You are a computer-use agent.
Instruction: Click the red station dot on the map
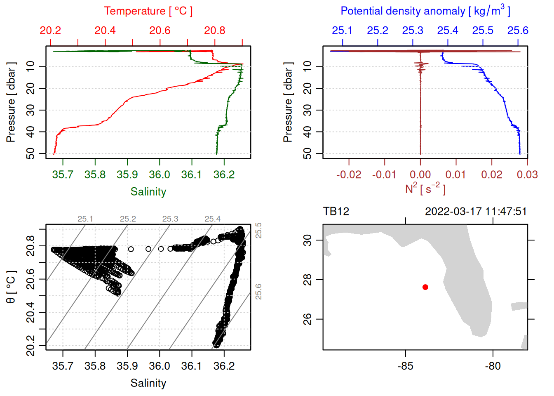point(425,287)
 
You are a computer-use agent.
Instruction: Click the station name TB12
point(336,212)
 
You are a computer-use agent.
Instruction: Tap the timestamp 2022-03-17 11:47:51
point(476,212)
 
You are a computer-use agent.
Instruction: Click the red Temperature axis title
point(148,11)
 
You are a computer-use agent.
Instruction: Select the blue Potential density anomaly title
point(425,11)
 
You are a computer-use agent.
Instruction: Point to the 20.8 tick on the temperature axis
point(215,31)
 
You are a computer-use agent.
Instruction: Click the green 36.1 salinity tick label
point(192,175)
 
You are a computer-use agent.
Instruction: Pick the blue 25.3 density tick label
point(413,31)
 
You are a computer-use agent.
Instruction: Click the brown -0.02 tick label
point(349,175)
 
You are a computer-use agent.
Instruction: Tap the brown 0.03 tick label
point(527,175)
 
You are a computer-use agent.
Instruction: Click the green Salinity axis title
point(148,192)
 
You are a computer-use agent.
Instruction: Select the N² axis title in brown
point(425,189)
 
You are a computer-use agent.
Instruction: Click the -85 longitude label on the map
point(405,366)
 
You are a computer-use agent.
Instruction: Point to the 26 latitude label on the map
point(308,319)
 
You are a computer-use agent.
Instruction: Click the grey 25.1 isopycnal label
point(85,219)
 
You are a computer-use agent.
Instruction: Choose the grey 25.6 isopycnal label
point(258,292)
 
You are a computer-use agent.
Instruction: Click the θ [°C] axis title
point(11,287)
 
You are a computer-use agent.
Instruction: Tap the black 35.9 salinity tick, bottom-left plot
point(127,366)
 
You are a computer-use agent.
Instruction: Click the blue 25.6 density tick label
point(518,31)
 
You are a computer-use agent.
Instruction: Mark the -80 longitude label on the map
point(493,366)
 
